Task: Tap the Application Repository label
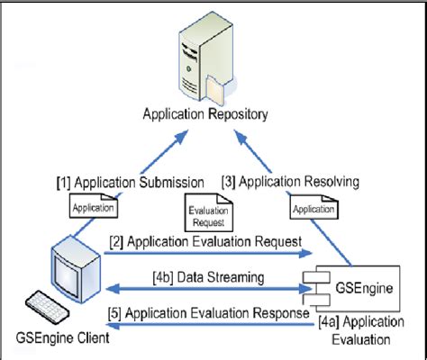208,114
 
